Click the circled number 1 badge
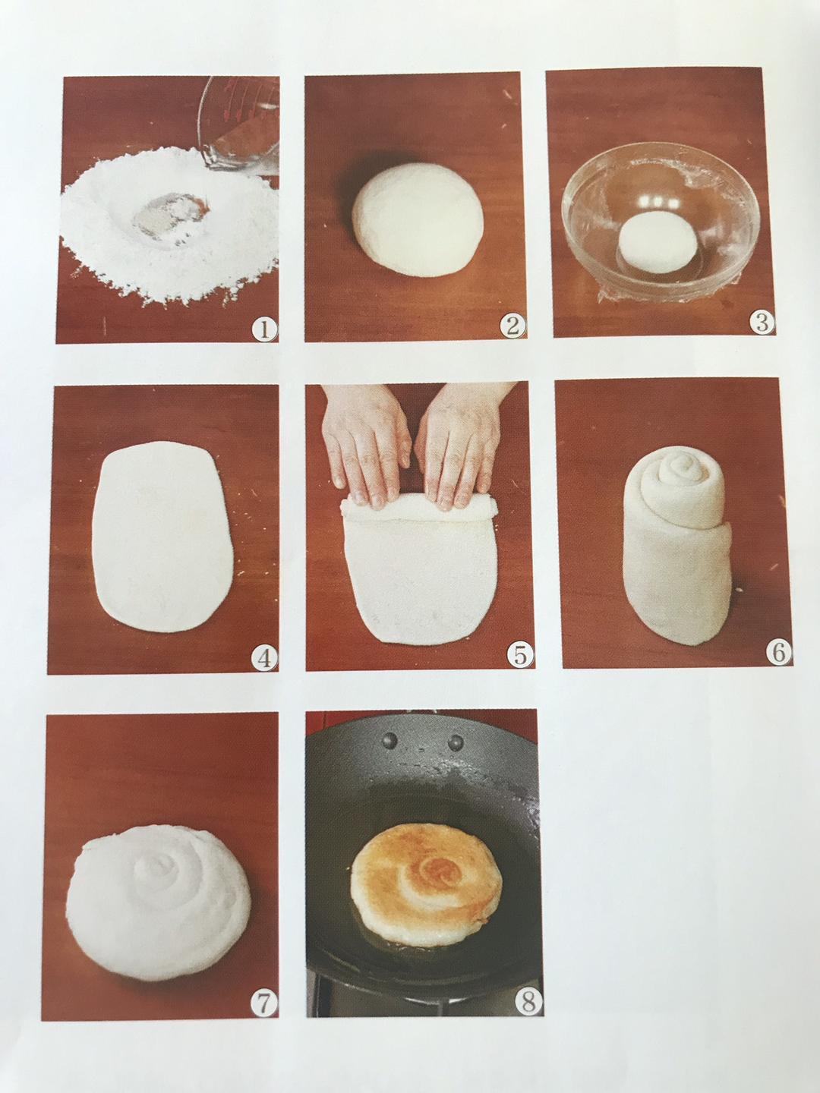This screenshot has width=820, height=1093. tap(264, 329)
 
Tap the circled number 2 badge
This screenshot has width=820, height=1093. tap(512, 326)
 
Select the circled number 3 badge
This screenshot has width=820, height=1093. tap(761, 322)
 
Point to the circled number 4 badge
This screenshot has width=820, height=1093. tap(264, 659)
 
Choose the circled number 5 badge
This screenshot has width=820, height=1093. tap(520, 655)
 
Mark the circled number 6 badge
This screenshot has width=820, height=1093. tap(779, 650)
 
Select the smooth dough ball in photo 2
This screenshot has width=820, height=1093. tap(418, 219)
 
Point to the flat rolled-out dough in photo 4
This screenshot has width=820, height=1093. tap(162, 537)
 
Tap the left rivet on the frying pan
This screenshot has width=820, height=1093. tap(389, 742)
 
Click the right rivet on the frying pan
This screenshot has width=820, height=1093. tap(455, 743)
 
